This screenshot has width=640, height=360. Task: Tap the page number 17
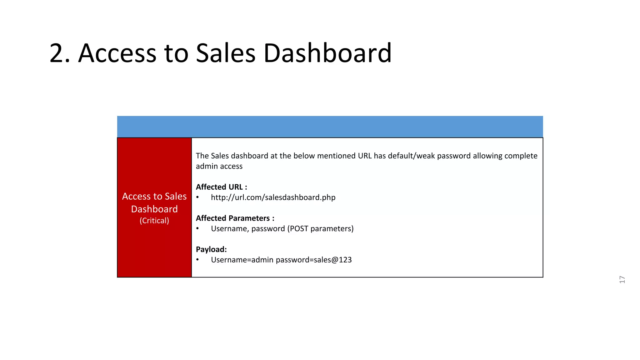pyautogui.click(x=622, y=279)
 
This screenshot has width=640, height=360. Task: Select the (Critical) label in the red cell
pyautogui.click(x=154, y=221)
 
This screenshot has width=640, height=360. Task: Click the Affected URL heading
pyautogui.click(x=221, y=187)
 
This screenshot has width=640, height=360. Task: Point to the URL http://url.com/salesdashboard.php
pyautogui.click(x=273, y=197)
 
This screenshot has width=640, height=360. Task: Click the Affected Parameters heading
pyautogui.click(x=235, y=218)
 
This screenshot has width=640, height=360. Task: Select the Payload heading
pyautogui.click(x=211, y=249)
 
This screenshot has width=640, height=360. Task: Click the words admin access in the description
pyautogui.click(x=219, y=166)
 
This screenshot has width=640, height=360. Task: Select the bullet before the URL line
pyautogui.click(x=197, y=197)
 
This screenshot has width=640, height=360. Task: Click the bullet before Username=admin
pyautogui.click(x=197, y=260)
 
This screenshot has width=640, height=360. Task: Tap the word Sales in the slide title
pyautogui.click(x=226, y=53)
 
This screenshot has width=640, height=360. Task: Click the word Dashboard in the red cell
pyautogui.click(x=154, y=209)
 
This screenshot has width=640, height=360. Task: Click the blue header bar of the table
pyautogui.click(x=330, y=127)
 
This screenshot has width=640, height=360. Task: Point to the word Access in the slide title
pyautogui.click(x=117, y=53)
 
